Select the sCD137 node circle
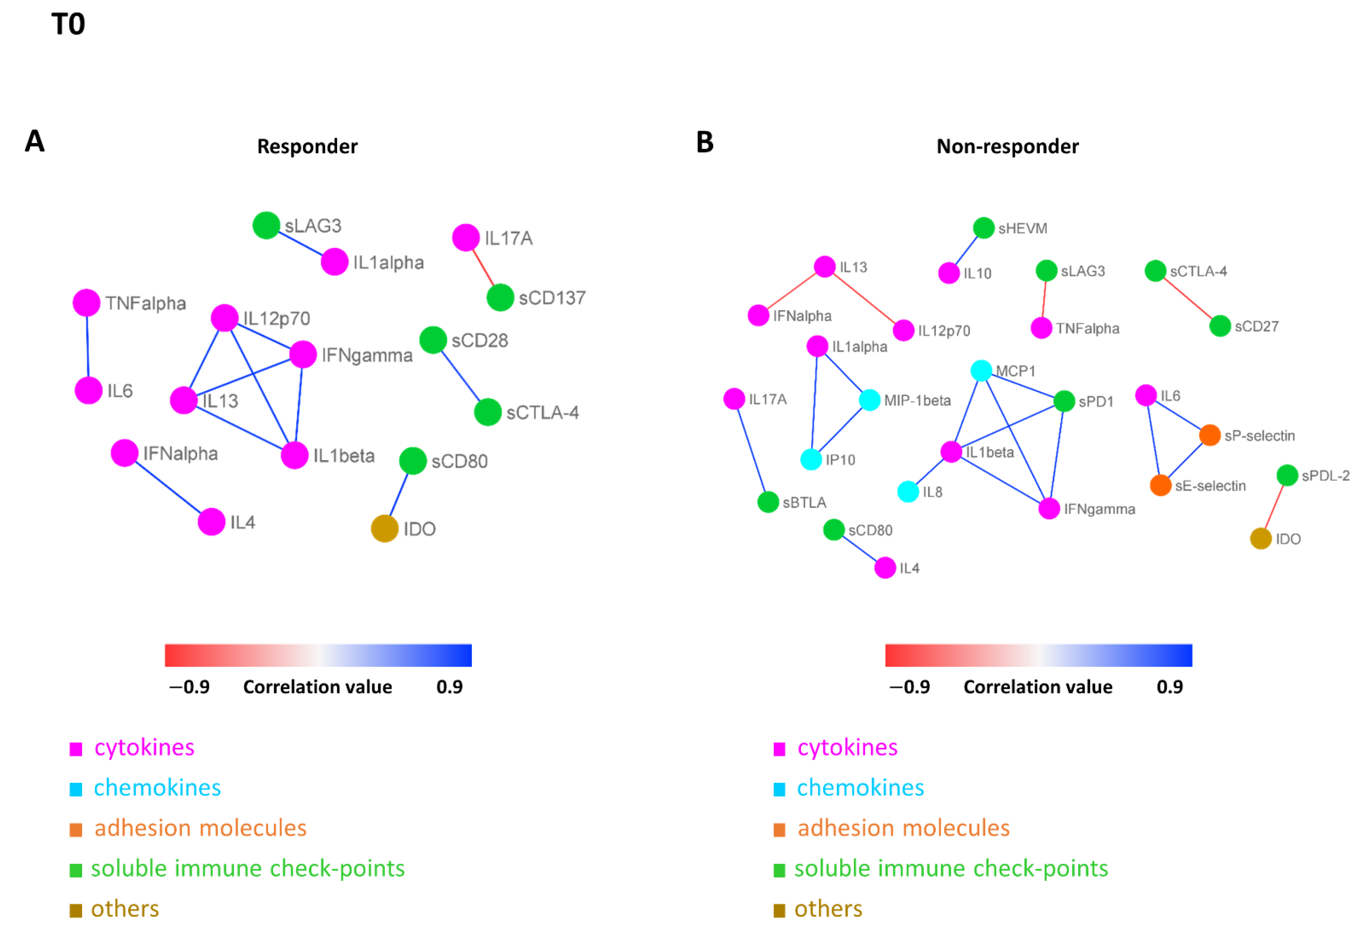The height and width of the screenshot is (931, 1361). [x=500, y=297]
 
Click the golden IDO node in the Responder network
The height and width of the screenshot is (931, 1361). [x=385, y=529]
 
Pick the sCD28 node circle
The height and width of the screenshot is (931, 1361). [x=433, y=340]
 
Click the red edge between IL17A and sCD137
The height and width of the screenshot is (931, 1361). [x=483, y=268]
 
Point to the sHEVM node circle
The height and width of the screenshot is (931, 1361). [x=984, y=228]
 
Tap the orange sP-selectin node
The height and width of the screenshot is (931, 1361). [x=1210, y=435]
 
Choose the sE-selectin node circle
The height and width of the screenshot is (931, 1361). [x=1161, y=485]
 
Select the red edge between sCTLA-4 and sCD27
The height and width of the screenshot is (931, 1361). [x=1188, y=299]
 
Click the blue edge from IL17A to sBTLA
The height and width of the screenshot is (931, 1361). [x=751, y=450]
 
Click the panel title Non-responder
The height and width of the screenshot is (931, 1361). [x=1007, y=146]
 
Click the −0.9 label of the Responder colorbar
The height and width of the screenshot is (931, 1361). [x=189, y=687]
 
